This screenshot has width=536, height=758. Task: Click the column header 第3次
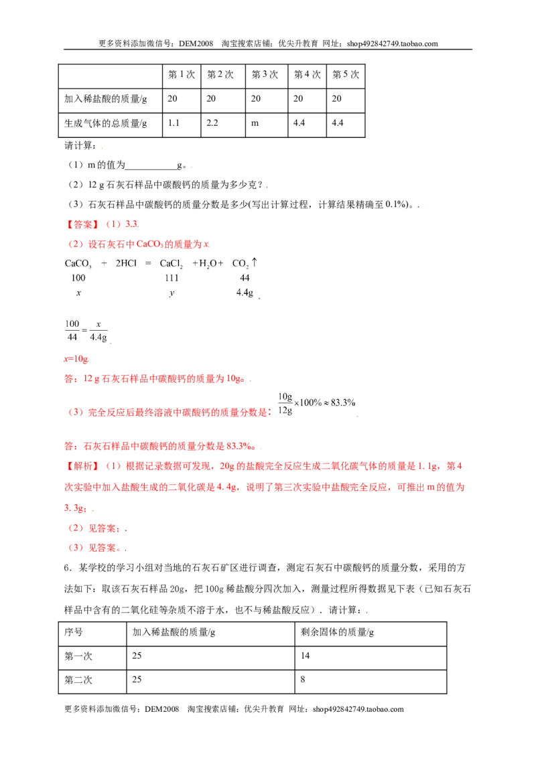tap(265, 74)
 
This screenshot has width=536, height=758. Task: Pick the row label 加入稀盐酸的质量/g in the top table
tap(105, 98)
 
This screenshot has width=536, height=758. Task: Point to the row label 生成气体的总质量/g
tap(105, 123)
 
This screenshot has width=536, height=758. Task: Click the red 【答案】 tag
tap(82, 224)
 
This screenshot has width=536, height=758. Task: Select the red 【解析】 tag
tap(82, 466)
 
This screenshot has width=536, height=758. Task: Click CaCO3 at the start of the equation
tap(78, 264)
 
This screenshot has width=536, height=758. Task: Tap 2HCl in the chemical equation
tap(126, 263)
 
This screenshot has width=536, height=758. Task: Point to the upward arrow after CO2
tap(255, 262)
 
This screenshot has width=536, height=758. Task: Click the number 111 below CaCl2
tap(172, 278)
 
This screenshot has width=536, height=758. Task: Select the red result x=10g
tap(76, 359)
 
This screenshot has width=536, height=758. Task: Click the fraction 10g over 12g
tap(285, 404)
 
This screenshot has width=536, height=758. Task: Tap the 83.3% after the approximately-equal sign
tap(343, 402)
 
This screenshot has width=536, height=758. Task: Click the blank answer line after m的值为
tap(151, 169)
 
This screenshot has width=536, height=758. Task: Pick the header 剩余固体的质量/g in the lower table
tap(337, 632)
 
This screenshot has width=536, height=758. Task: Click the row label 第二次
tap(78, 680)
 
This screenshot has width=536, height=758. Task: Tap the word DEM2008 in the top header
tap(196, 44)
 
